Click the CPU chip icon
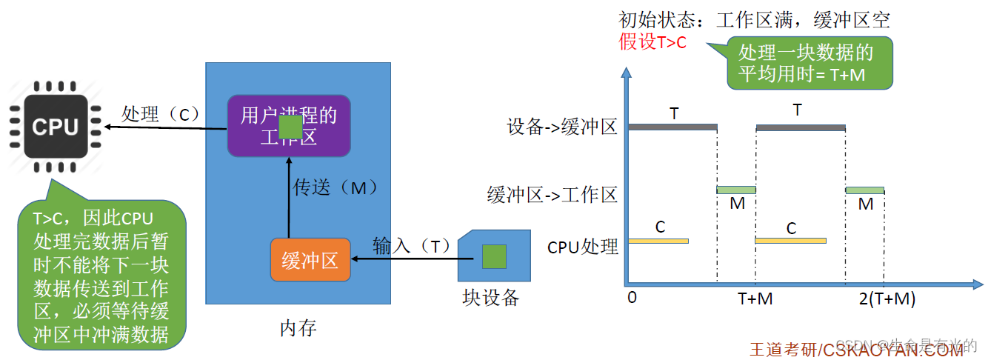55,127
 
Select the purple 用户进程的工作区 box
288,125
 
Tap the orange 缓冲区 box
310,260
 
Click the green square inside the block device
494,256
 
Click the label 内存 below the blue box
298,327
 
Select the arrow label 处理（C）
161,114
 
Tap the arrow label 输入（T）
412,246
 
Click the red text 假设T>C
652,41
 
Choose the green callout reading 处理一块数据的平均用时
809,63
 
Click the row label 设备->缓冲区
563,127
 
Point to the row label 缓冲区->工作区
552,195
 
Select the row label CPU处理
583,247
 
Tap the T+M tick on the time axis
755,299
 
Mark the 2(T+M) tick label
887,299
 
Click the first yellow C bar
658,241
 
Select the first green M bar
736,190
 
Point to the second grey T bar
800,127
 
